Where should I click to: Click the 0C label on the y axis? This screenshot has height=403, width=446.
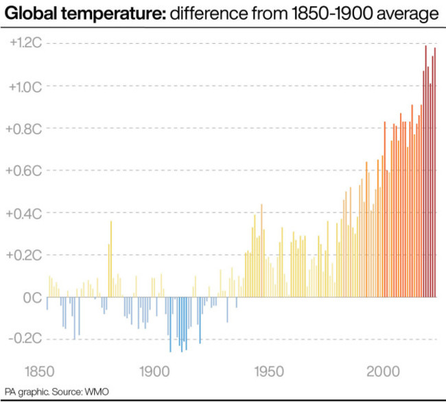click(32, 297)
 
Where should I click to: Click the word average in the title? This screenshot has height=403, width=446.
click(404, 14)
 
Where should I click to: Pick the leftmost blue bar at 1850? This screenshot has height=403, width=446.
click(47, 304)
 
